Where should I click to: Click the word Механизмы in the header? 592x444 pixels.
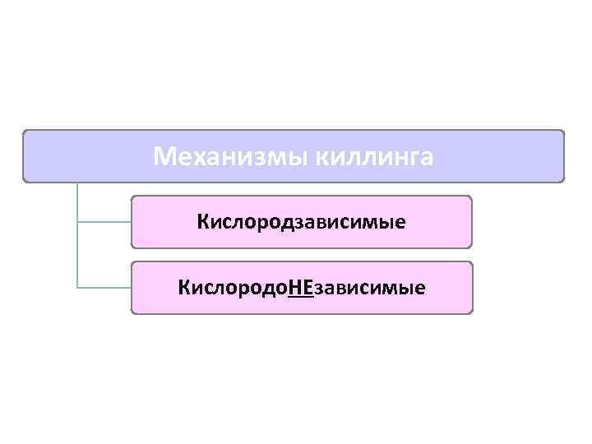click(x=229, y=155)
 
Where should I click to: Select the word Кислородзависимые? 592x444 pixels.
click(x=301, y=222)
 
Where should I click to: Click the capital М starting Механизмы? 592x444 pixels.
click(x=164, y=155)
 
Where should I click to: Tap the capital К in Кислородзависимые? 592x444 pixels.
click(x=202, y=222)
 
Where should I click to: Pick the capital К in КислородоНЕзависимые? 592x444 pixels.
click(x=183, y=288)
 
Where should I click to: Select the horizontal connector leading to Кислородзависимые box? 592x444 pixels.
click(x=104, y=222)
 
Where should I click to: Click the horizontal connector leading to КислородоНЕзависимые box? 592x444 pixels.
click(x=104, y=288)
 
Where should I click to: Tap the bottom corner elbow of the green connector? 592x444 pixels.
click(x=77, y=288)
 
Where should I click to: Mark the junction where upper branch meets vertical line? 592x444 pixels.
click(x=77, y=222)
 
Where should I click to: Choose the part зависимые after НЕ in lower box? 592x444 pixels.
click(x=369, y=288)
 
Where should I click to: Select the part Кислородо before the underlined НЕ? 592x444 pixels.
click(x=233, y=288)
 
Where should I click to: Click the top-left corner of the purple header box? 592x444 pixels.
click(x=25, y=132)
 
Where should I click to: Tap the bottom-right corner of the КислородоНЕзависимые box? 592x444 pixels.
click(x=471, y=312)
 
